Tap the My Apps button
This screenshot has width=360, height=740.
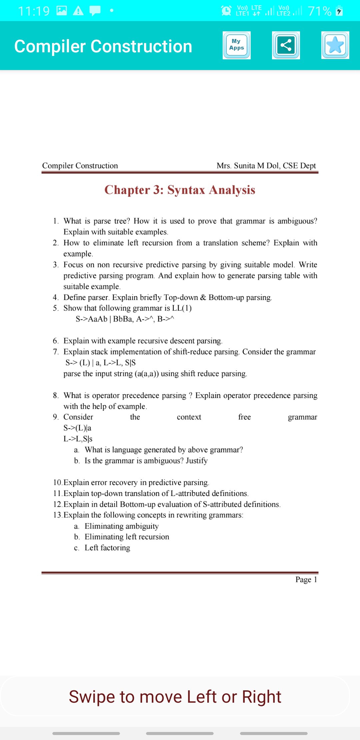tap(236, 45)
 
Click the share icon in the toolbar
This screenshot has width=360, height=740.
tap(286, 45)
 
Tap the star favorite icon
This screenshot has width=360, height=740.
tap(335, 45)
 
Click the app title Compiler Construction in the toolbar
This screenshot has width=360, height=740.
tap(103, 46)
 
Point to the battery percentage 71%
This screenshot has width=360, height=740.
tap(319, 11)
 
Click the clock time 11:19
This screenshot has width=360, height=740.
tap(34, 11)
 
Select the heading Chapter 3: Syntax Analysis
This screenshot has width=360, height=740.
tap(180, 190)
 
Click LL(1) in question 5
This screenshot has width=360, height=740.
tap(182, 308)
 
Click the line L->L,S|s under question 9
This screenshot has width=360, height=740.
tap(78, 439)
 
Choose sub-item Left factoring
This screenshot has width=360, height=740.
tap(107, 548)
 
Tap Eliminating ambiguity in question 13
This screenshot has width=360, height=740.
tap(122, 526)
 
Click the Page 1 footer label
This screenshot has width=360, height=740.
tap(306, 580)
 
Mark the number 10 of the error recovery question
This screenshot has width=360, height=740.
tap(57, 482)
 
